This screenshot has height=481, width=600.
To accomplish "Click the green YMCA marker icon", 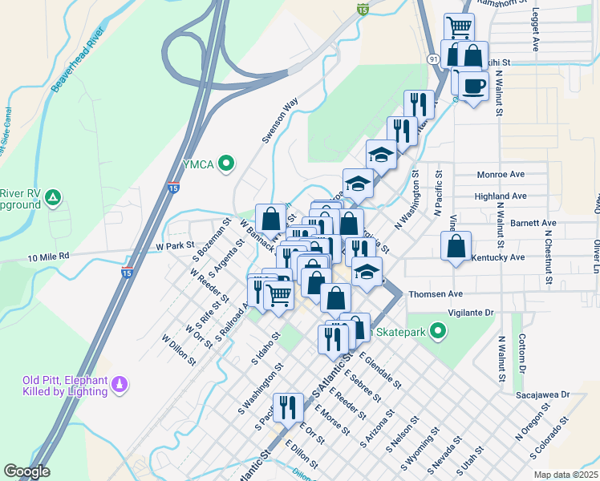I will [x=226, y=164].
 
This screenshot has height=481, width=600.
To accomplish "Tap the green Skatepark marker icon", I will [x=437, y=330].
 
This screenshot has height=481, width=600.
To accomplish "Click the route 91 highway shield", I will [x=433, y=59].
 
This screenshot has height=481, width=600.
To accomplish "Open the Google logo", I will [x=26, y=471].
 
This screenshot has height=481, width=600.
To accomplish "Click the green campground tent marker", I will [x=52, y=196].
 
